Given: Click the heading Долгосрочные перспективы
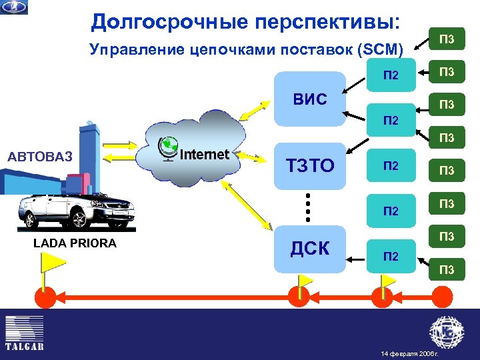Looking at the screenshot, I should click(x=246, y=21).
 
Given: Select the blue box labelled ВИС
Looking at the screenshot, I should click(x=311, y=99).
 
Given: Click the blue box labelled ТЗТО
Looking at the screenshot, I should click(x=310, y=165).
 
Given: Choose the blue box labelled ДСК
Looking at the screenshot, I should click(x=310, y=248).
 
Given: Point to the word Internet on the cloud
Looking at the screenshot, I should click(x=205, y=154).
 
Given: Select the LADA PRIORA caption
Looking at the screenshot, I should click(x=75, y=243).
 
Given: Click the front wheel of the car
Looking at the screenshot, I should click(x=77, y=217).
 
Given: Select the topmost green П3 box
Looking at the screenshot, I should click(x=446, y=39).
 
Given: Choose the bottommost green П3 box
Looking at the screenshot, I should click(x=446, y=269).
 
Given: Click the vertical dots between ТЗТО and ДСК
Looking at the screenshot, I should click(x=309, y=207).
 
